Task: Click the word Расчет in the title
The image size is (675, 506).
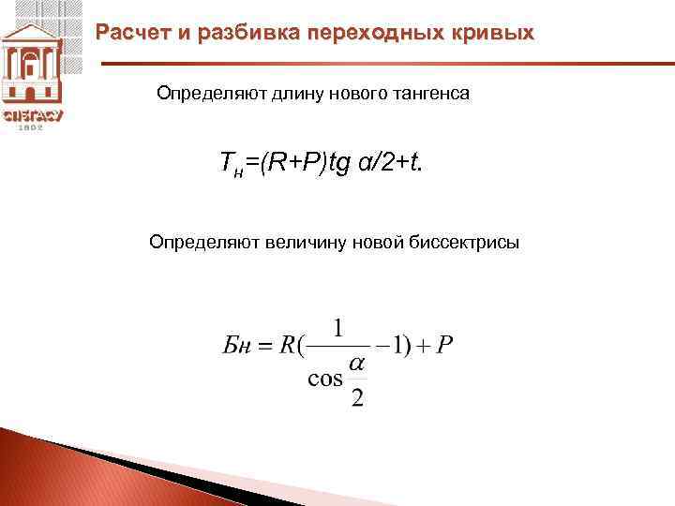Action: [131, 34]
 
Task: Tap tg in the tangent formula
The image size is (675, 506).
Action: [337, 167]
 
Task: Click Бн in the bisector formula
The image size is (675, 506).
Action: [236, 347]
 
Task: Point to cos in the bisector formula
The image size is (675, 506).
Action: [324, 379]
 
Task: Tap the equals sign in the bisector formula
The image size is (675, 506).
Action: [264, 347]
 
